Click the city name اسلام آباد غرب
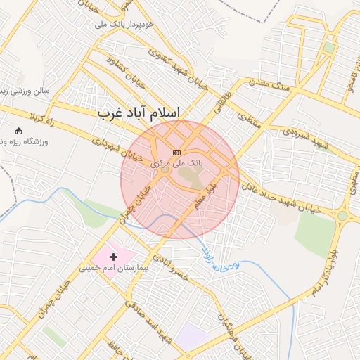click(139, 112)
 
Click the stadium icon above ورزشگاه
click(18, 131)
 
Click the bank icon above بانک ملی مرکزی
click(176, 153)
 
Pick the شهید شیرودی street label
click(305, 138)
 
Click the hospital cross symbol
click(113, 257)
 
